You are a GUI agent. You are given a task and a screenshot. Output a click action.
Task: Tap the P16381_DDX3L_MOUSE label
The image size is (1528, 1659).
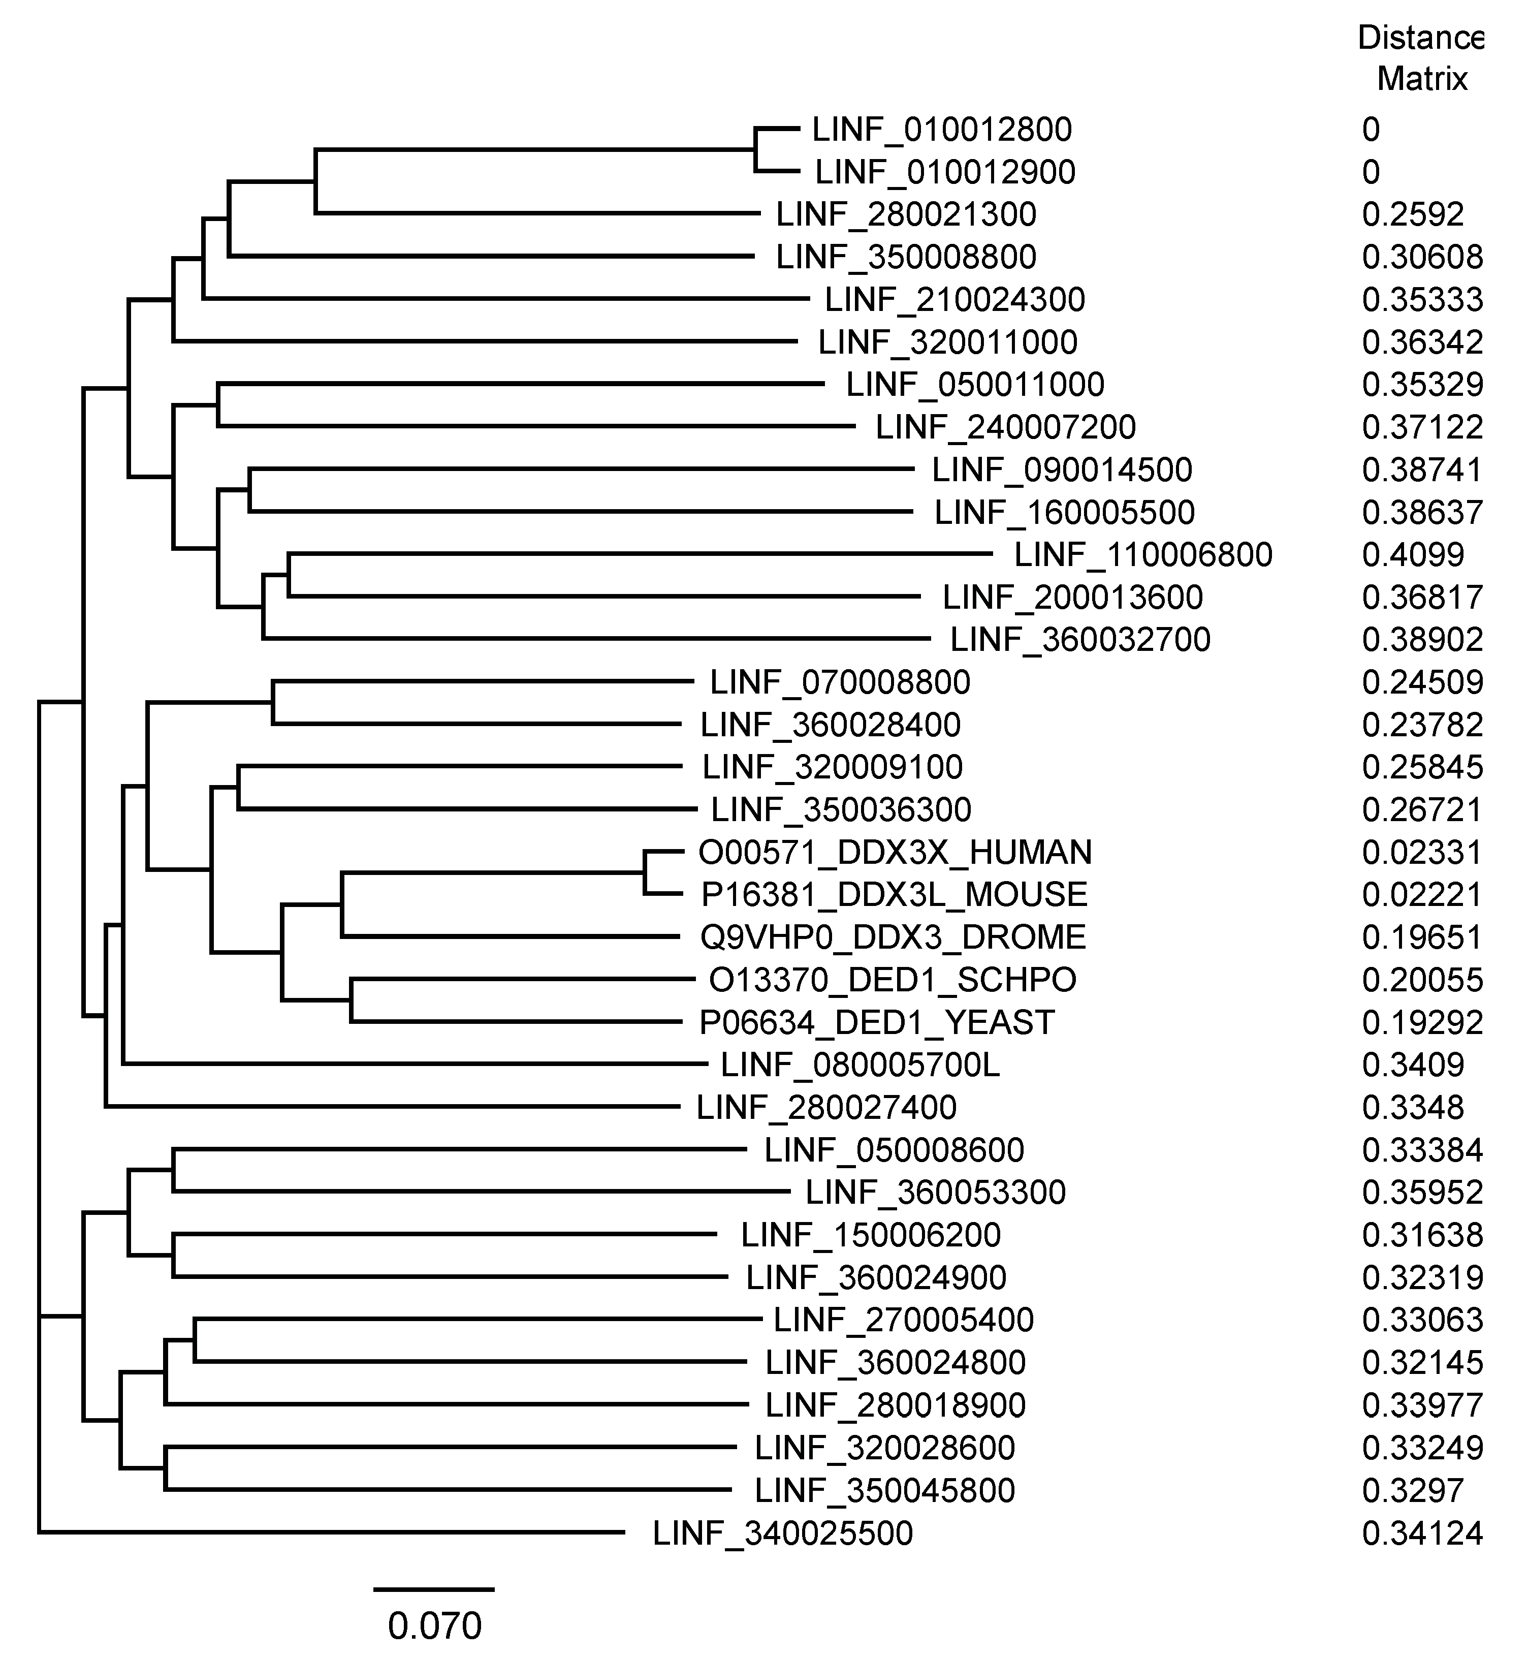point(894,895)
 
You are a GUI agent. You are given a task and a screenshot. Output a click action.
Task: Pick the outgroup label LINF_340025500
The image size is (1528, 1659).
point(782,1534)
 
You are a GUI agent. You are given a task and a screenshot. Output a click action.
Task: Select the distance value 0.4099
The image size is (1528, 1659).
point(1413,555)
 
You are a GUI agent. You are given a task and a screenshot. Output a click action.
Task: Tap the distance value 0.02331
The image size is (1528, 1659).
point(1422,853)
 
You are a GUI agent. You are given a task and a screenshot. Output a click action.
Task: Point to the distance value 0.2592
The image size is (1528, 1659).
point(1413,215)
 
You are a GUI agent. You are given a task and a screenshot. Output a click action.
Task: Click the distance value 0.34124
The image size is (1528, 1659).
point(1422,1534)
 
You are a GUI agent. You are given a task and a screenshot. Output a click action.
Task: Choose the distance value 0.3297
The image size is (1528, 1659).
point(1413,1491)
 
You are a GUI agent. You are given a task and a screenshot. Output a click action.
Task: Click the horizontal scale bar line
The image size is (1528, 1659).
point(434,1589)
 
